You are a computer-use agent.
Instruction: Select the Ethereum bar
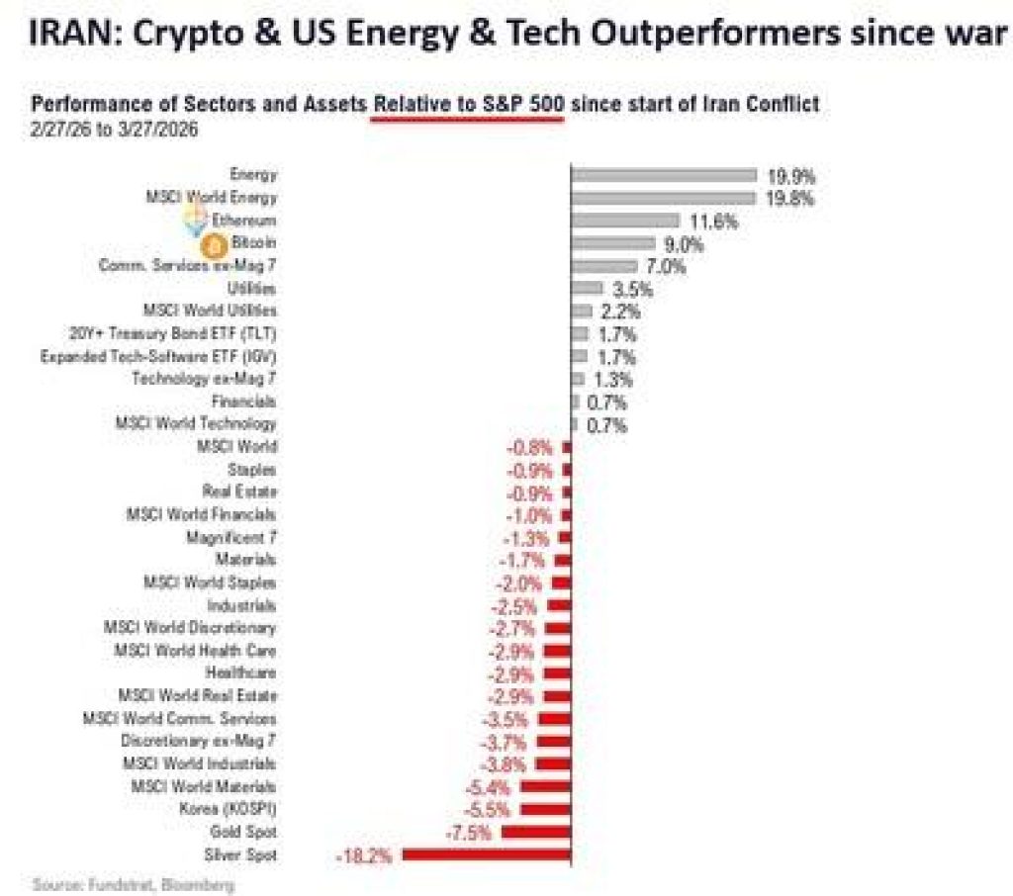point(625,221)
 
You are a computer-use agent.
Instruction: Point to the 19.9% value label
point(791,176)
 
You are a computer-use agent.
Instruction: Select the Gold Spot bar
point(535,833)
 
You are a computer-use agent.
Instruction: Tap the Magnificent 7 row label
point(231,537)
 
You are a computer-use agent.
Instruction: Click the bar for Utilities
point(587,288)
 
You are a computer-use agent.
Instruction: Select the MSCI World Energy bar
point(663,198)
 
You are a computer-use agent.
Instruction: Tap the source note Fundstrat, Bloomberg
point(134,884)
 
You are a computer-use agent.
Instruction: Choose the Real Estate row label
point(239,492)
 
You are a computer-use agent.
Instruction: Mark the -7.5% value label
point(468,833)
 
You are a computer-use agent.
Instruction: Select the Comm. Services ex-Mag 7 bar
point(603,266)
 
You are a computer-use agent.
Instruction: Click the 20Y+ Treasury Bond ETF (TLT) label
point(179,333)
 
